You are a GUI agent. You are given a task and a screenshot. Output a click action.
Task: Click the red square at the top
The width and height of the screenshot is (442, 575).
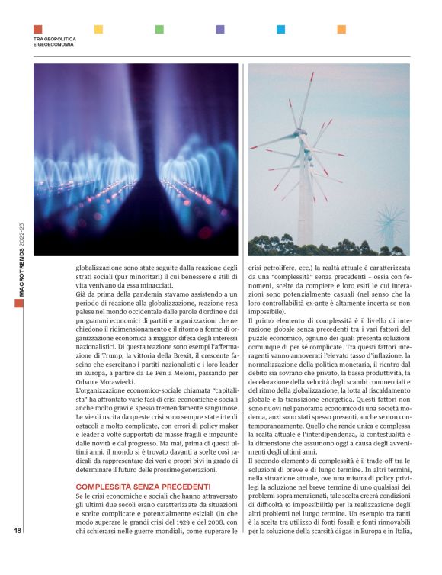[38, 29]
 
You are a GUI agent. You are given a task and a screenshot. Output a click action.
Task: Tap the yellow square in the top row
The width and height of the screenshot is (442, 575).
[98, 29]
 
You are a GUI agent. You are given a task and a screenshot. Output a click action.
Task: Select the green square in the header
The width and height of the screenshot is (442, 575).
[159, 29]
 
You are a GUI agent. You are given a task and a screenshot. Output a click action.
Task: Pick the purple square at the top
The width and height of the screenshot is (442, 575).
[220, 29]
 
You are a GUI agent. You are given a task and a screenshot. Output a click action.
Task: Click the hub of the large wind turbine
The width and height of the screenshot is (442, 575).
[303, 139]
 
